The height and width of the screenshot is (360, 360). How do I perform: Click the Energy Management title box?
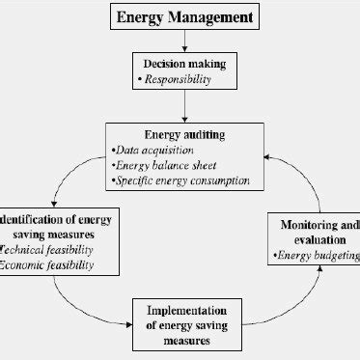186,16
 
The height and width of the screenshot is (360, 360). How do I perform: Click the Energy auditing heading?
186,134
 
